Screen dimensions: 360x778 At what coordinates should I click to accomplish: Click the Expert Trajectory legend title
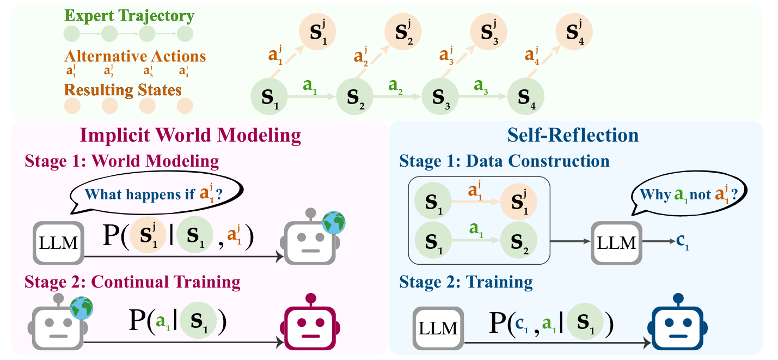tap(129, 16)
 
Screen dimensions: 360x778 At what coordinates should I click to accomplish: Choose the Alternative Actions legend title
tap(135, 56)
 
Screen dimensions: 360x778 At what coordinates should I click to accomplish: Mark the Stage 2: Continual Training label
tap(132, 282)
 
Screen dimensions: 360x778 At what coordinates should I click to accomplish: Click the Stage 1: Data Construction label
tap(504, 161)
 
